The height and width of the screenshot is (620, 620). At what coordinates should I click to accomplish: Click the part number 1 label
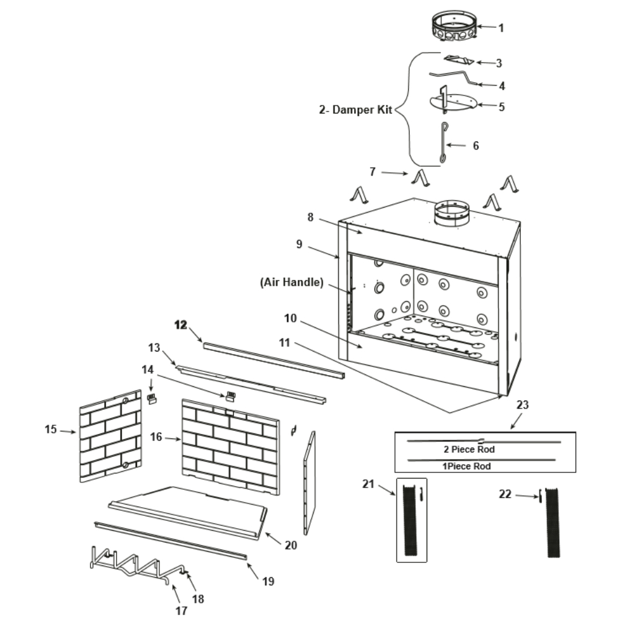tap(502, 28)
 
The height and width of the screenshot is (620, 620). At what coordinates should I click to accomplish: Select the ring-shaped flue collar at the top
tap(454, 29)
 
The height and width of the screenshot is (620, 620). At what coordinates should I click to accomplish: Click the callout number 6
tap(476, 146)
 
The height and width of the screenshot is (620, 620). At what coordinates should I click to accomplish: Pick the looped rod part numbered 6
tap(443, 144)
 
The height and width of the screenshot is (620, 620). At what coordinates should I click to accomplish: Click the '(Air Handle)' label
tap(291, 283)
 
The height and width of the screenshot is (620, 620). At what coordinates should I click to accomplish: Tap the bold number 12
tap(180, 325)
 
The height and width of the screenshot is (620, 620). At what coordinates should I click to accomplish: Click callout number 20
tap(291, 546)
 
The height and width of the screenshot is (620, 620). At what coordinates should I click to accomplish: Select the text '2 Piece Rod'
tap(469, 449)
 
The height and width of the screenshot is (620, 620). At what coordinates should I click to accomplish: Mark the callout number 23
tap(523, 405)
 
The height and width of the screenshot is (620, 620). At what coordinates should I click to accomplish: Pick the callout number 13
tap(154, 346)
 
